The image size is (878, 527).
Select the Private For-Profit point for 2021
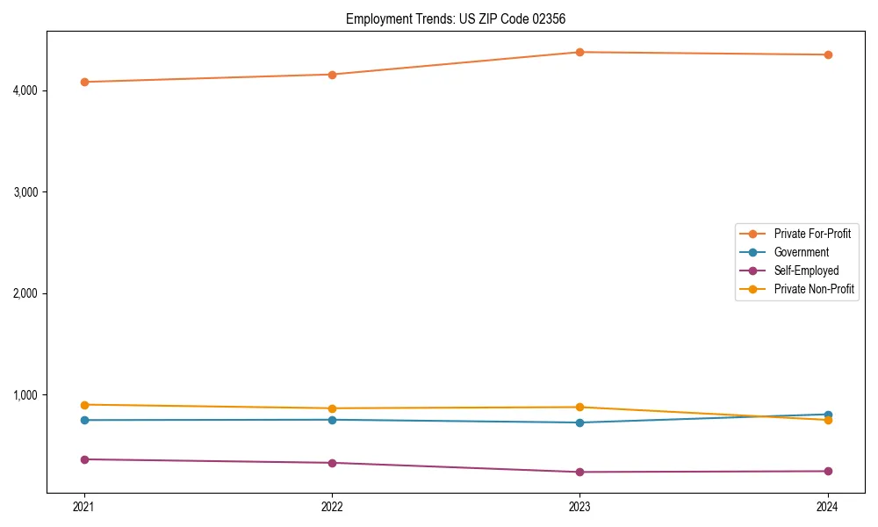(84, 82)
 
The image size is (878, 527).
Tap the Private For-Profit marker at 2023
(579, 52)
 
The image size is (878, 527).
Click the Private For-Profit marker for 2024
(827, 54)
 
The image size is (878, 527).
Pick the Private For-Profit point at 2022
(332, 75)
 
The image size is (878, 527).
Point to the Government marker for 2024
(827, 415)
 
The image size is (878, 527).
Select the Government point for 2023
(579, 422)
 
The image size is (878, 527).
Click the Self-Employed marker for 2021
(84, 459)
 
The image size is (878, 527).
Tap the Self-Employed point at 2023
(579, 472)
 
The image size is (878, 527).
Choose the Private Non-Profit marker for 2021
(84, 405)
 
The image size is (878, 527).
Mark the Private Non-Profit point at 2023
(579, 407)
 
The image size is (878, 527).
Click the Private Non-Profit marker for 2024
(827, 420)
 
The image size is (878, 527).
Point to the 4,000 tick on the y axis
(25, 90)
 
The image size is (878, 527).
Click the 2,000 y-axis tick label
(25, 293)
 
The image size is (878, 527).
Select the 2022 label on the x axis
(332, 506)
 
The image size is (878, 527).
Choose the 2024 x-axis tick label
(827, 506)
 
